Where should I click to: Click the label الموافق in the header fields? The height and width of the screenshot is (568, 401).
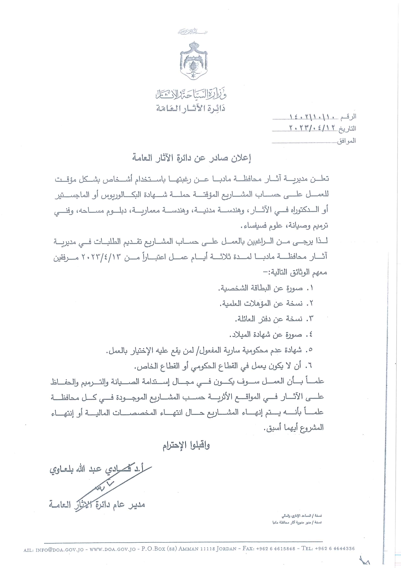click(x=346, y=141)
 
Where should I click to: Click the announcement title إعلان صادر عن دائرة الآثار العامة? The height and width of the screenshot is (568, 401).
click(x=191, y=158)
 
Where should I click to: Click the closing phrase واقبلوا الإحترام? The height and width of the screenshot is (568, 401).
click(x=186, y=446)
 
